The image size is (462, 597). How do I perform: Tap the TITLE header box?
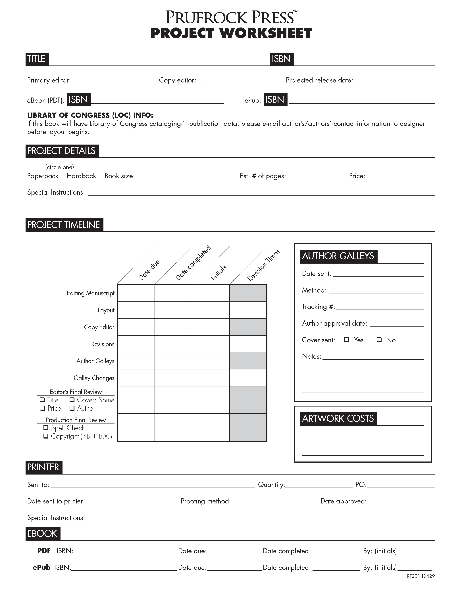point(37,59)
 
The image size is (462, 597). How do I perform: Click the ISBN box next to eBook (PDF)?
point(79,100)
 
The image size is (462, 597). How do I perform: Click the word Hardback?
point(81,176)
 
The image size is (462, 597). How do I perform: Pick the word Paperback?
point(43,176)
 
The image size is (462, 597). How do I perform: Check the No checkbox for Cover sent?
point(379,340)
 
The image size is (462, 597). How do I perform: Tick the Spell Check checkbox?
point(46,427)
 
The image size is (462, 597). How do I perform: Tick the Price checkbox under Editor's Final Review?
point(42,408)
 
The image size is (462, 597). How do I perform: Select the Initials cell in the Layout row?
point(211,310)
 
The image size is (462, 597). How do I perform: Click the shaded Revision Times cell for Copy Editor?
point(248,327)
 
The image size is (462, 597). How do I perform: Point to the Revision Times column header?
point(263,265)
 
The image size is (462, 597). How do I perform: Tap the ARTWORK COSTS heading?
point(338,418)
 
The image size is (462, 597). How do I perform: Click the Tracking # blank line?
point(380,307)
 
